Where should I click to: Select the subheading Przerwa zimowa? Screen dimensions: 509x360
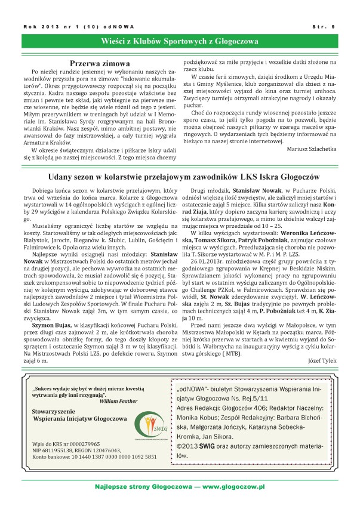[x=100, y=63]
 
